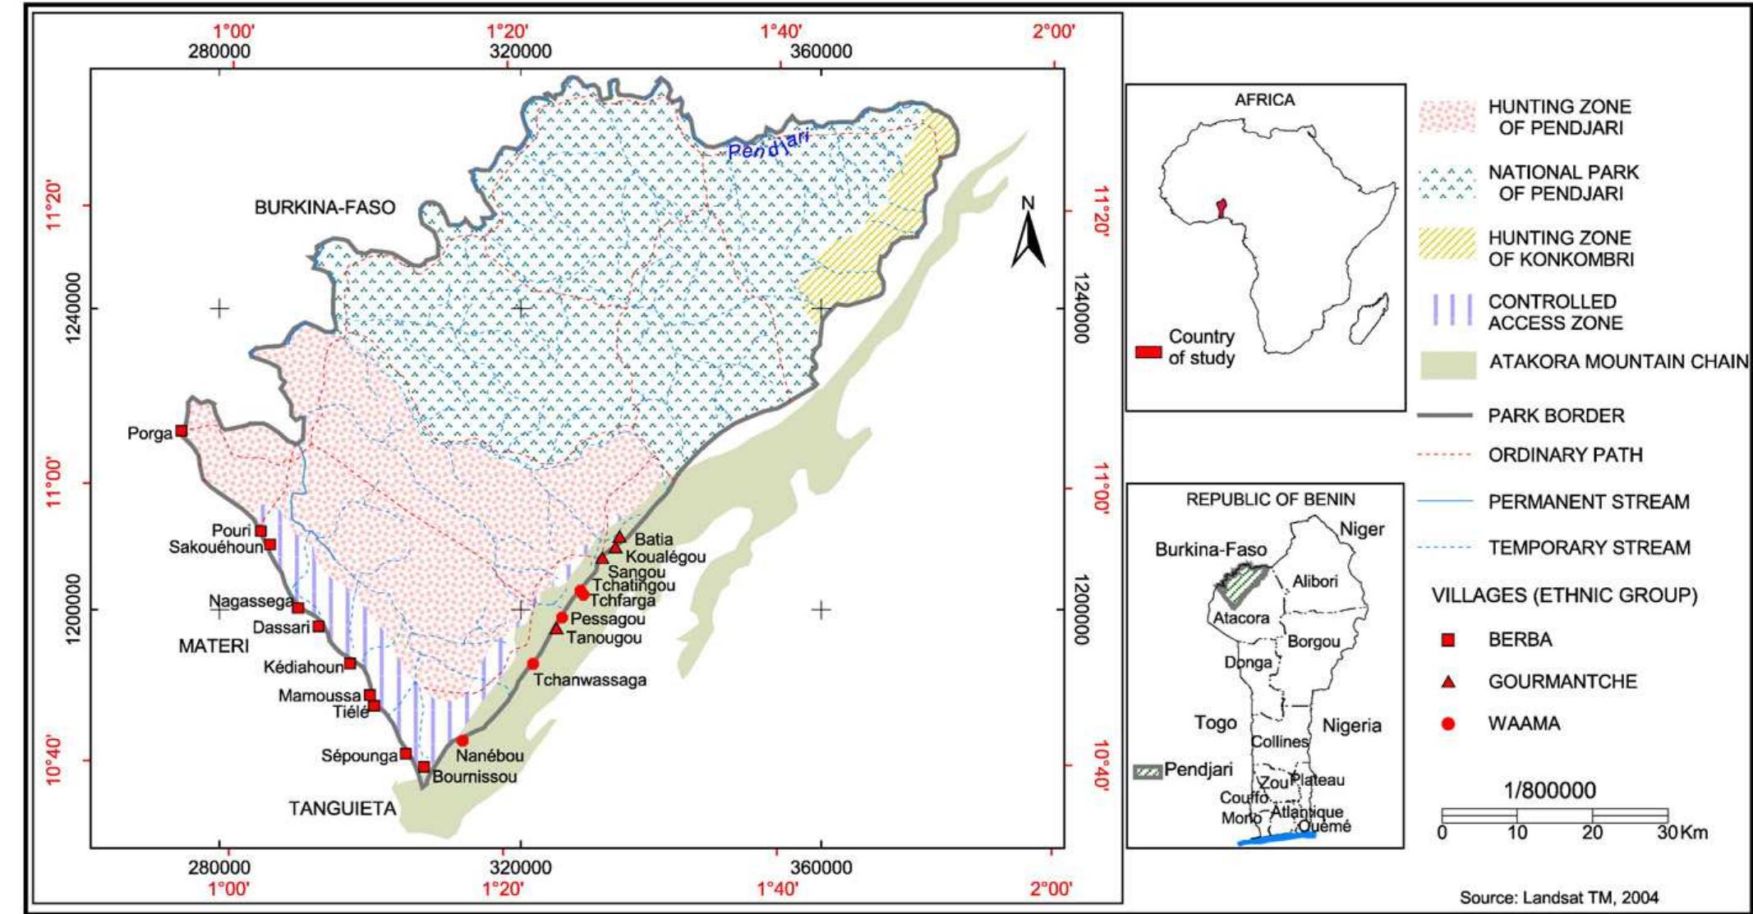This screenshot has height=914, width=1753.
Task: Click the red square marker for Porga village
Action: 182,431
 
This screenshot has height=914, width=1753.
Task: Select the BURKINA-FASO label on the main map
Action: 324,208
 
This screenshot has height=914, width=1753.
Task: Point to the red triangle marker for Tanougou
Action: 556,628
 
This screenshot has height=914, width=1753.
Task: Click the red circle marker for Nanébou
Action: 462,741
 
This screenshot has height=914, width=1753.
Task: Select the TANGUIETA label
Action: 343,809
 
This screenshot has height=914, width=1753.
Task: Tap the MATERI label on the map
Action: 214,646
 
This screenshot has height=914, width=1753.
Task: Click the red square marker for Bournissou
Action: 424,767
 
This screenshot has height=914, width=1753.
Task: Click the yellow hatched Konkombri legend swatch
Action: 1447,244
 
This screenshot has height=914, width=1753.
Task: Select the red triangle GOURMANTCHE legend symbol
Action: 1448,682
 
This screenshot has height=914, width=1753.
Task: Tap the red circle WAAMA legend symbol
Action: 1448,723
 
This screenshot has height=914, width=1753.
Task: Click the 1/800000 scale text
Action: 1549,791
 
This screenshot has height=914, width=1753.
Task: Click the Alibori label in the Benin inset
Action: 1314,581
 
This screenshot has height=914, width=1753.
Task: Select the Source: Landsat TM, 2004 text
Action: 1558,898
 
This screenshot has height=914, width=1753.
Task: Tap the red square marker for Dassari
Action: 319,627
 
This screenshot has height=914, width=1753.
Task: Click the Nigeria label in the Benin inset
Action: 1351,726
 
